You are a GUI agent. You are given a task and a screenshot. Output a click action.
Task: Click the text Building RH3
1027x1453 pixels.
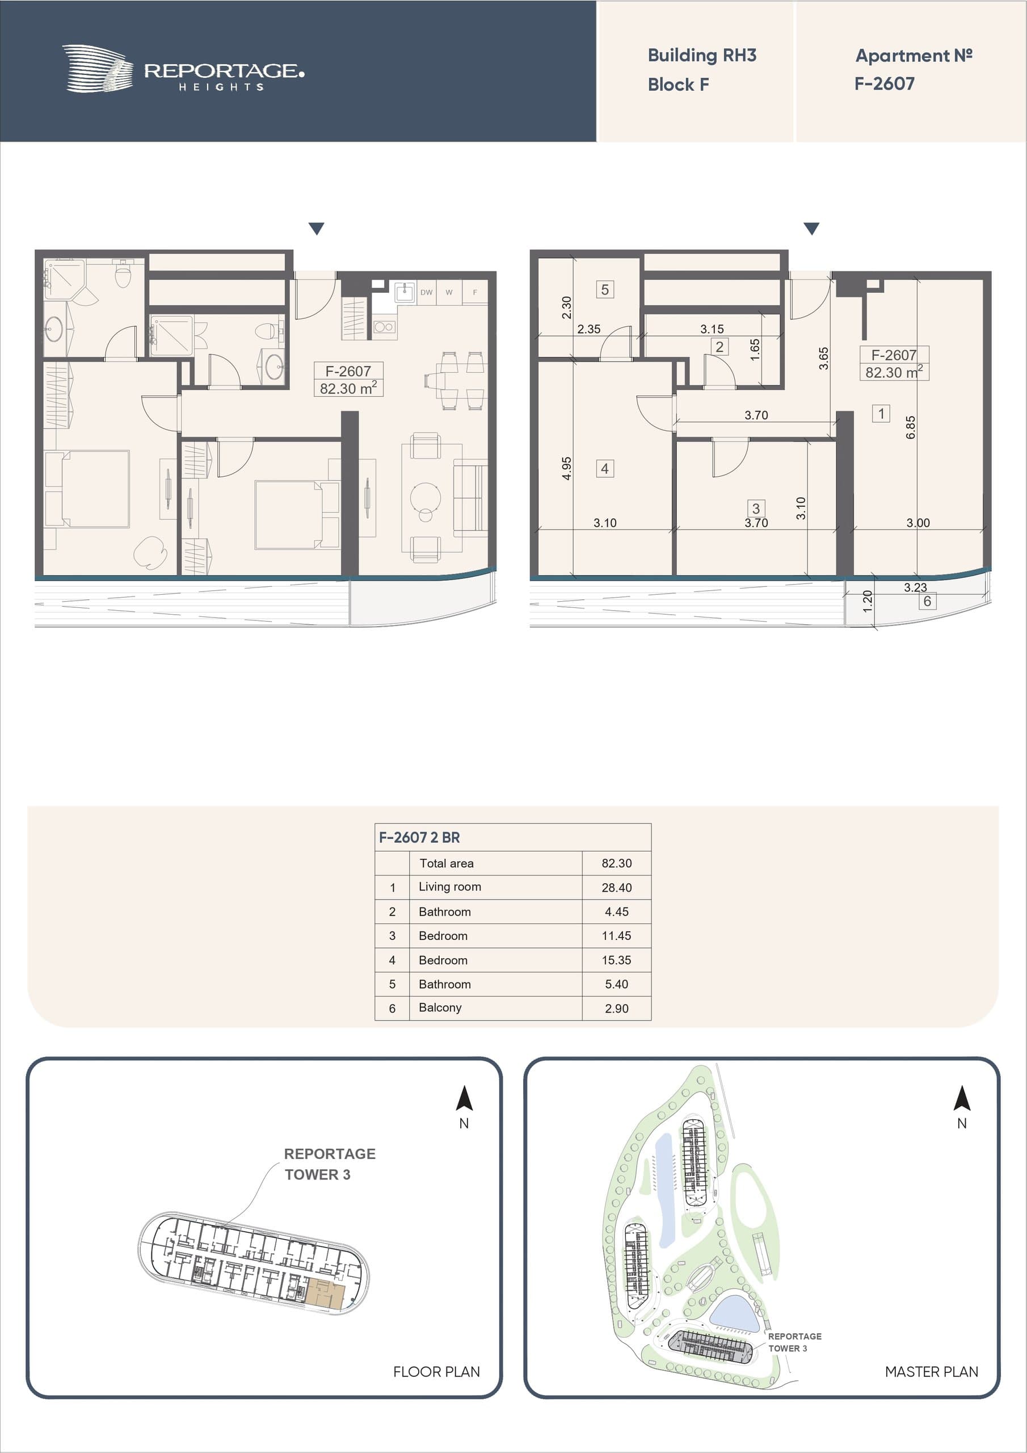pyautogui.click(x=702, y=56)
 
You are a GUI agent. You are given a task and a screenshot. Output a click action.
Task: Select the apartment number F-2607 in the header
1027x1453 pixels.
pyautogui.click(x=884, y=83)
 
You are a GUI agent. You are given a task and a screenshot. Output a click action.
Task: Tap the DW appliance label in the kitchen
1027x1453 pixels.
pyautogui.click(x=427, y=292)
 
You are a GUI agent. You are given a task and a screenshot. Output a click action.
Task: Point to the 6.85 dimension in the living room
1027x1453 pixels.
pyautogui.click(x=911, y=427)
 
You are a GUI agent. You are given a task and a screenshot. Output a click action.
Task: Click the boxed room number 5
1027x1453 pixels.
pyautogui.click(x=605, y=290)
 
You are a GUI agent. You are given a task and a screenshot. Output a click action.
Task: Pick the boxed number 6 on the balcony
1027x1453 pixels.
pyautogui.click(x=927, y=601)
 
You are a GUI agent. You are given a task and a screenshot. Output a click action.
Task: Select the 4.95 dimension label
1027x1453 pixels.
pyautogui.click(x=566, y=468)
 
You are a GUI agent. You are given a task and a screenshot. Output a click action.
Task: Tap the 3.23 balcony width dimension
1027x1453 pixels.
pyautogui.click(x=915, y=587)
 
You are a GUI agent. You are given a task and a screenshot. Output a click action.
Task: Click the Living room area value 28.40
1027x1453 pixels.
pyautogui.click(x=616, y=888)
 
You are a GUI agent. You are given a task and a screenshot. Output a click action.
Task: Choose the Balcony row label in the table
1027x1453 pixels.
pyautogui.click(x=440, y=1007)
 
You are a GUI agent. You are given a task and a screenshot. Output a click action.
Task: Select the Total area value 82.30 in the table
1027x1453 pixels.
pyautogui.click(x=616, y=863)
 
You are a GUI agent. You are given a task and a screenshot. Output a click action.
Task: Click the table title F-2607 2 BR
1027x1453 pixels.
pyautogui.click(x=419, y=837)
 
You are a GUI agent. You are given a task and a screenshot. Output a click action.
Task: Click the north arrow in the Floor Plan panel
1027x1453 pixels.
pyautogui.click(x=465, y=1098)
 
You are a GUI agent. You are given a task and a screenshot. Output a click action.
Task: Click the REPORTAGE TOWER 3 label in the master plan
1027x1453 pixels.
pyautogui.click(x=794, y=1342)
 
